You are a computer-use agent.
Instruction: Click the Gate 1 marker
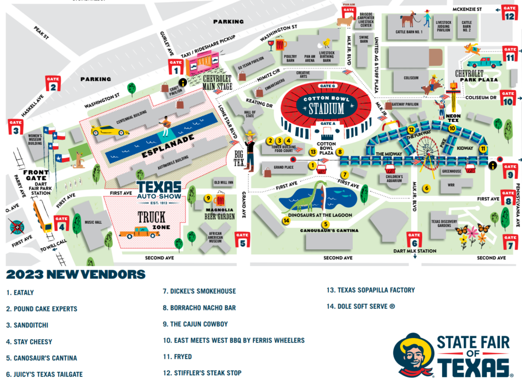tap(176, 67)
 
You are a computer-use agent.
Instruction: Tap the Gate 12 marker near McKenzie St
tap(510, 12)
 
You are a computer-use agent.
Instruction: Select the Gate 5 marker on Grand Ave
tap(242, 239)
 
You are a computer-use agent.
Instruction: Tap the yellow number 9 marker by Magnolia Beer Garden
tap(207, 198)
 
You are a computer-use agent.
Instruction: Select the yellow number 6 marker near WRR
tap(426, 188)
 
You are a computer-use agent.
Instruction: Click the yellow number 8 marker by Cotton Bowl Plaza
tap(340, 151)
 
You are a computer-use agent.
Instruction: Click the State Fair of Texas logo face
tap(414, 355)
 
